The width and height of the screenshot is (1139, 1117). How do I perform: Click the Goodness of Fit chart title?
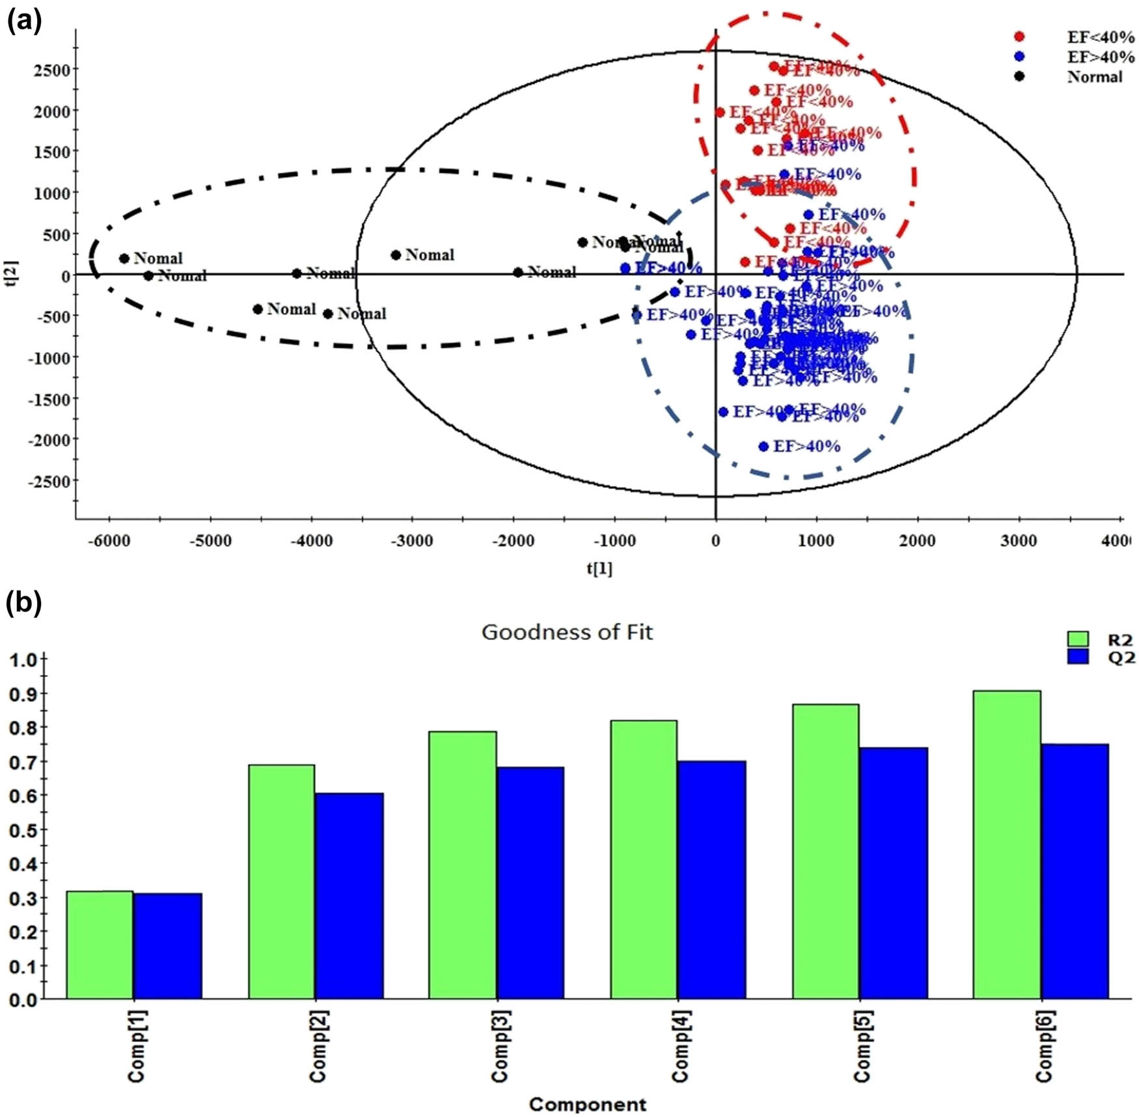click(566, 632)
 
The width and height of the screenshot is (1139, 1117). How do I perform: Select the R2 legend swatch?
click(1078, 639)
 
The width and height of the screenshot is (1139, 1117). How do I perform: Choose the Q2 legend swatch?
click(1078, 656)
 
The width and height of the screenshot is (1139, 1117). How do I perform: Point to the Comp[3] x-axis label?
click(499, 1046)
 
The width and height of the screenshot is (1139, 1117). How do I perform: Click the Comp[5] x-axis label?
click(862, 1046)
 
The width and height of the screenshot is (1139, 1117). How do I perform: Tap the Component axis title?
click(587, 1104)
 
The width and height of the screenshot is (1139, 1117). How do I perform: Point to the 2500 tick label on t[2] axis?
click(51, 70)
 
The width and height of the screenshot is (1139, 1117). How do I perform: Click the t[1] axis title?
click(599, 568)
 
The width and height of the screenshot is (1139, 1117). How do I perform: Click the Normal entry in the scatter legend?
click(1094, 77)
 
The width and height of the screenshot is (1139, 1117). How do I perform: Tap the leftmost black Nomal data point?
click(124, 258)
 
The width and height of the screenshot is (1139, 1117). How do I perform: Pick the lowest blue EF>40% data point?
click(763, 447)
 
